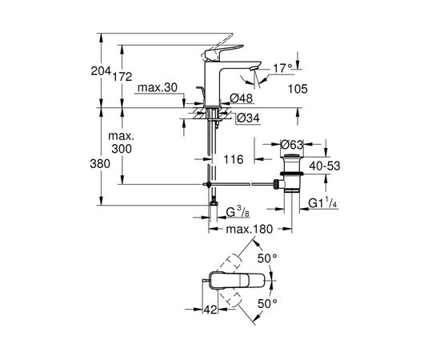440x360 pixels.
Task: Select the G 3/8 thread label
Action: (x=238, y=214)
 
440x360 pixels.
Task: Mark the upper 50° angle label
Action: (x=266, y=258)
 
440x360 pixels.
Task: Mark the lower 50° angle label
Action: (x=267, y=304)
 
